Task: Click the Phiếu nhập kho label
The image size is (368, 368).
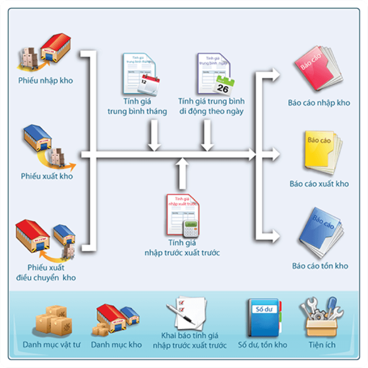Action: pos(46,81)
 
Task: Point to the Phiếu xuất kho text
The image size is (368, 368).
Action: pos(47,176)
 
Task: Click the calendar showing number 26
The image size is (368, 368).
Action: pos(223,84)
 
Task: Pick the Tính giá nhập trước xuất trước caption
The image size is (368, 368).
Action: pos(182,248)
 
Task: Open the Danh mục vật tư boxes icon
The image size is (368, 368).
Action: pos(52,319)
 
